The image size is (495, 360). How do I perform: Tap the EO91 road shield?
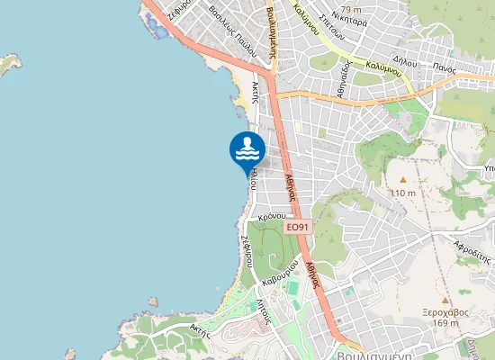(x=298, y=229)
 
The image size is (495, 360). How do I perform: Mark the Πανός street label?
(x=441, y=65)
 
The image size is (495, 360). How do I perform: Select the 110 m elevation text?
(x=403, y=193)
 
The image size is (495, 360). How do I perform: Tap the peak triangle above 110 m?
(x=402, y=179)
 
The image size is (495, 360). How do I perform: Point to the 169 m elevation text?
(x=445, y=324)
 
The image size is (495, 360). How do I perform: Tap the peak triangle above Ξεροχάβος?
(x=445, y=300)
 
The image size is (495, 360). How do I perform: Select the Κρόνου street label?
(x=271, y=218)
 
